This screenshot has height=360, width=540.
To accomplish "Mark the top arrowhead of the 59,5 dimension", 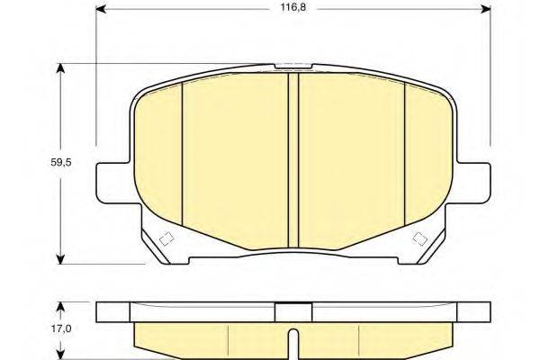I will tap(61, 67).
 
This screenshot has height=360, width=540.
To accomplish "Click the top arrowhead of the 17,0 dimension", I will tap(61, 305).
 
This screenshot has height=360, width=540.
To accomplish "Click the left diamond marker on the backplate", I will tap(165, 239).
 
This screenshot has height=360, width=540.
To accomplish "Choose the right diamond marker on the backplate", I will tap(419, 239).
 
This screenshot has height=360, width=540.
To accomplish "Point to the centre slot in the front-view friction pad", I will tap(292, 158).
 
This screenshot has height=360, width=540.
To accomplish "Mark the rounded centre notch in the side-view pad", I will tap(292, 341).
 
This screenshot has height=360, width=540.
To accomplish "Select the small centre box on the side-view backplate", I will tap(292, 310).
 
